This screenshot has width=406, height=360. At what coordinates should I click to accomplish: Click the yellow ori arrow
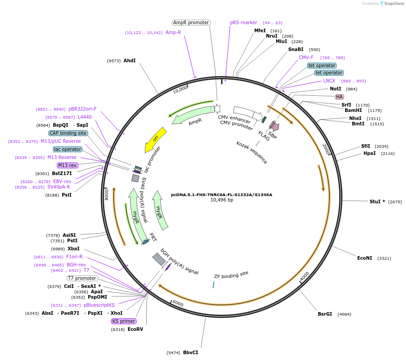tap(156, 139)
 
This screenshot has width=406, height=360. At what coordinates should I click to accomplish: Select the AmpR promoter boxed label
tap(191, 22)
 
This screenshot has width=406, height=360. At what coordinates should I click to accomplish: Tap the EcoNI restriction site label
tap(364, 258)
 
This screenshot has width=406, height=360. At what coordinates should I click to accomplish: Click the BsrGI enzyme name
tap(325, 314)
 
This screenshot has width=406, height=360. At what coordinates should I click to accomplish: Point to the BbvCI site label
tap(190, 352)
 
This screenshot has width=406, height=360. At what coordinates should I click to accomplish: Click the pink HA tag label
tap(339, 97)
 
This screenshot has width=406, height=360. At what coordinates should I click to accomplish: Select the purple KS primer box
tap(124, 321)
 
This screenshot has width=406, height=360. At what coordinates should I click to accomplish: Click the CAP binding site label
tap(68, 133)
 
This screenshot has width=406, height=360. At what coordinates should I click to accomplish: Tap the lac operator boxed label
tap(68, 149)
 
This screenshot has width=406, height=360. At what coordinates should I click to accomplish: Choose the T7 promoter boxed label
tap(82, 278)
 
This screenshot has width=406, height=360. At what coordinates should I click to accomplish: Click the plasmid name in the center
tap(222, 195)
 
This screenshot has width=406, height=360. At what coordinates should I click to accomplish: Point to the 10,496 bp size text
tap(222, 200)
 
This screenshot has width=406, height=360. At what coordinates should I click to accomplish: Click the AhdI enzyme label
tap(129, 60)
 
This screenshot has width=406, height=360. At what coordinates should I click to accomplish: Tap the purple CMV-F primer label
tap(306, 57)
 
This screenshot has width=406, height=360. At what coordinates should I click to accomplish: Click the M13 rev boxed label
tap(68, 165)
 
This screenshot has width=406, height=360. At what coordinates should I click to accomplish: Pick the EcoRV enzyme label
tap(135, 329)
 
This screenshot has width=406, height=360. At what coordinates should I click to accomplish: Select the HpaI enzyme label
tap(369, 153)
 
